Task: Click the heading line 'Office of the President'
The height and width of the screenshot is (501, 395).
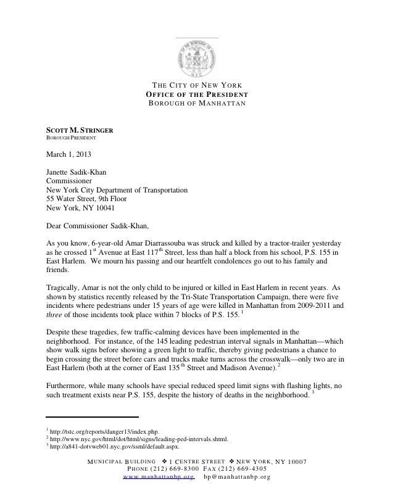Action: click(197, 94)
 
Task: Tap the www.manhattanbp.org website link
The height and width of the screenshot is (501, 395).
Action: click(159, 477)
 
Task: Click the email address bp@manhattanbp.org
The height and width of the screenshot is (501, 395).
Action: click(237, 477)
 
